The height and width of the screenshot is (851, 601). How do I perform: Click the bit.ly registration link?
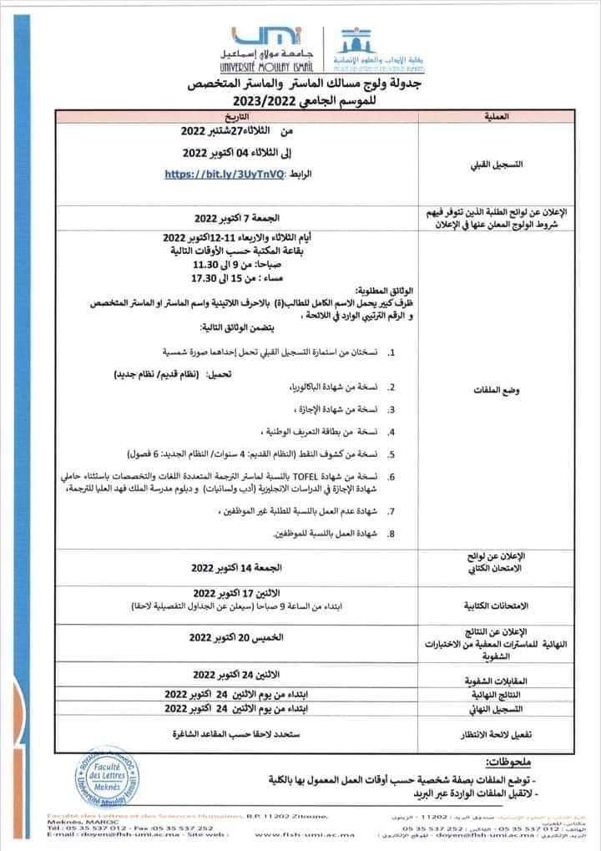(x=226, y=174)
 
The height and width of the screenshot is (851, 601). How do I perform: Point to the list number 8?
(x=391, y=533)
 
